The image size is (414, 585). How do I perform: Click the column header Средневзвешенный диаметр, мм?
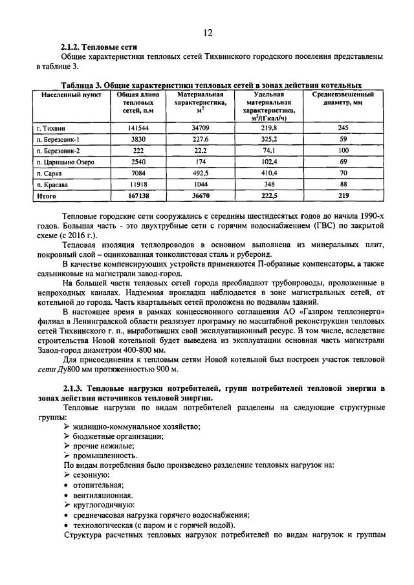[343, 98]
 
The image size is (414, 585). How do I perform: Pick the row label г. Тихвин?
[52, 128]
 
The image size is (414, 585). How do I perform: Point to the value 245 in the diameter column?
[343, 128]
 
